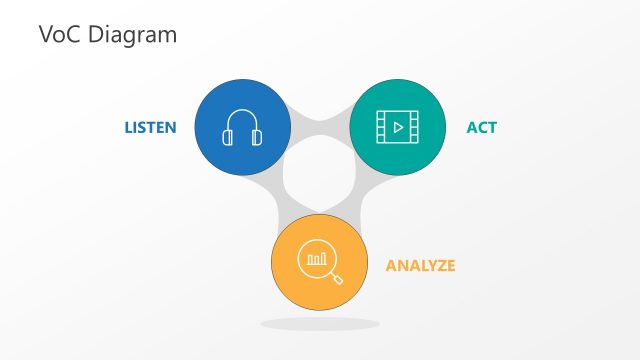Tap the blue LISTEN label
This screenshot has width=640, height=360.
pos(150,128)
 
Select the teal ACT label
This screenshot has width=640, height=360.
pos(481,128)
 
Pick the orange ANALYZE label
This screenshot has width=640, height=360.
pos(420,266)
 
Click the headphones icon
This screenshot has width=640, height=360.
pos(242,128)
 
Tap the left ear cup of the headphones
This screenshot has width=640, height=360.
pos(228,138)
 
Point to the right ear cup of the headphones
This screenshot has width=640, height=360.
pos(257,138)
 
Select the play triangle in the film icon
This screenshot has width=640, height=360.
pos(398,128)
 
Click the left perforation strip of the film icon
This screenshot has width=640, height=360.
pos(380,128)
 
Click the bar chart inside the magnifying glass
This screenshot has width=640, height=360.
pos(317,259)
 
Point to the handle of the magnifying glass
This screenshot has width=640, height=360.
pos(337,279)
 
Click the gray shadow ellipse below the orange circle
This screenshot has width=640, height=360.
pos(320,324)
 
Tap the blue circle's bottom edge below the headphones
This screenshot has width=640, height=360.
pos(242,173)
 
